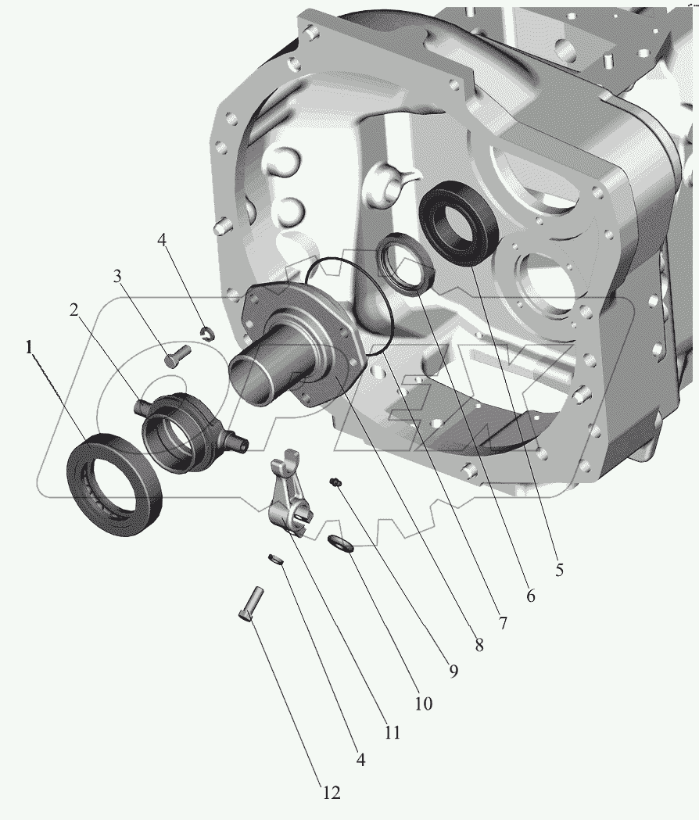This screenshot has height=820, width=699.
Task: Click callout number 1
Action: pyautogui.click(x=29, y=347)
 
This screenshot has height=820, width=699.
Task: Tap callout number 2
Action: pyautogui.click(x=73, y=310)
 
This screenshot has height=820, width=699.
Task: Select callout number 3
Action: pyautogui.click(x=118, y=276)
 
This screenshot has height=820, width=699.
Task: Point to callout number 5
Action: pyautogui.click(x=559, y=570)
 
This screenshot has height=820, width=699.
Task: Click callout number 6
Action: pyautogui.click(x=531, y=596)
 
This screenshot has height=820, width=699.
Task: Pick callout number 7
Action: pyautogui.click(x=502, y=622)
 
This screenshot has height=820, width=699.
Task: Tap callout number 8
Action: pyautogui.click(x=479, y=645)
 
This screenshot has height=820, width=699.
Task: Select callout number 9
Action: pyautogui.click(x=453, y=671)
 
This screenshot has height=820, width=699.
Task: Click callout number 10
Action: pyautogui.click(x=424, y=704)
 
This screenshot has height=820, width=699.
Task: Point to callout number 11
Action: pyautogui.click(x=392, y=732)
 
